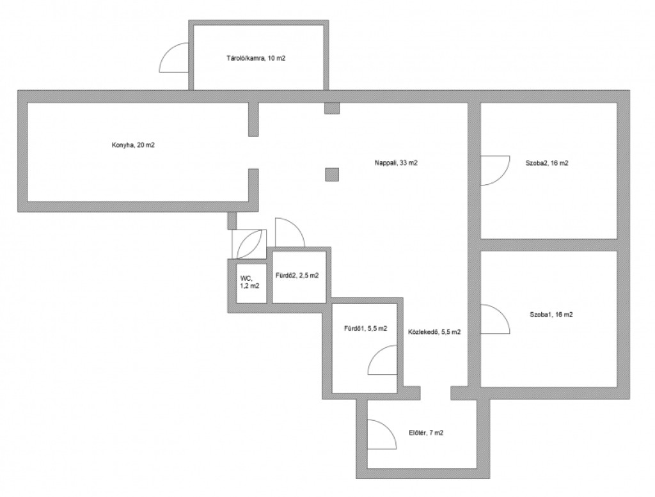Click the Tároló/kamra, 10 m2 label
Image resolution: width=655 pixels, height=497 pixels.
click(256, 58)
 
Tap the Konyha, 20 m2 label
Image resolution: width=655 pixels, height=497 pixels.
click(133, 145)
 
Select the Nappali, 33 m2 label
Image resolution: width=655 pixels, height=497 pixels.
click(396, 163)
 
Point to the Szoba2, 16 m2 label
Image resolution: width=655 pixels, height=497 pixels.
click(547, 163)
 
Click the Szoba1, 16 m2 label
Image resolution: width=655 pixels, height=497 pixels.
click(551, 315)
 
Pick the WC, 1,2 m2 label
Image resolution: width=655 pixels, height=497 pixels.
click(250, 282)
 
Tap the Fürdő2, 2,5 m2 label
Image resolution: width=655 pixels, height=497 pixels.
click(297, 276)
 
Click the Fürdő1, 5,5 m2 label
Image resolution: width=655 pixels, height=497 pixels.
click(365, 328)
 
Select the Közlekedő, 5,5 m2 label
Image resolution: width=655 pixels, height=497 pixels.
click(434, 332)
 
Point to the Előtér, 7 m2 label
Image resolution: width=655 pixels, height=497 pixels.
click(426, 432)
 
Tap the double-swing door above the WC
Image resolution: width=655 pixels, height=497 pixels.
click(249, 244)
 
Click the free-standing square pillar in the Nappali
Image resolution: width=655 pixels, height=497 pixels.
click(332, 175)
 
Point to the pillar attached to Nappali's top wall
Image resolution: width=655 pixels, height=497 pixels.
click(332, 108)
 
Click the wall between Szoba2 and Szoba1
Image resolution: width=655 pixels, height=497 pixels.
click(548, 245)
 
